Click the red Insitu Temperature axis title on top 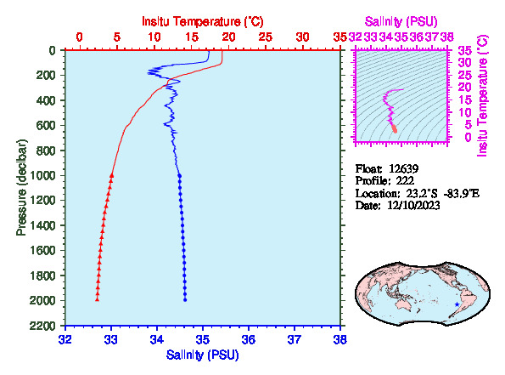[203, 21]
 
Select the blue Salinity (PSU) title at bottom [203, 355]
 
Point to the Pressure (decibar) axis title [21, 187]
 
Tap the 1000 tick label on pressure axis [42, 175]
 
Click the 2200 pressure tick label [42, 326]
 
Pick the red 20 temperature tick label [228, 37]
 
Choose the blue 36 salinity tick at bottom [249, 340]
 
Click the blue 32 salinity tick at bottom [65, 340]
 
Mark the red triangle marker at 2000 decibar [97, 299]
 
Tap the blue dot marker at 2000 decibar [185, 300]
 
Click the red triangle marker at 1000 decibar [112, 175]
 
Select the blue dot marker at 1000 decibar [180, 175]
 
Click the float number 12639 [403, 168]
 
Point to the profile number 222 [405, 180]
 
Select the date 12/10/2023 [413, 205]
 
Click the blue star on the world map [457, 304]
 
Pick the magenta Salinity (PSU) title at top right [401, 21]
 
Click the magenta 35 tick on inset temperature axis [466, 50]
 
